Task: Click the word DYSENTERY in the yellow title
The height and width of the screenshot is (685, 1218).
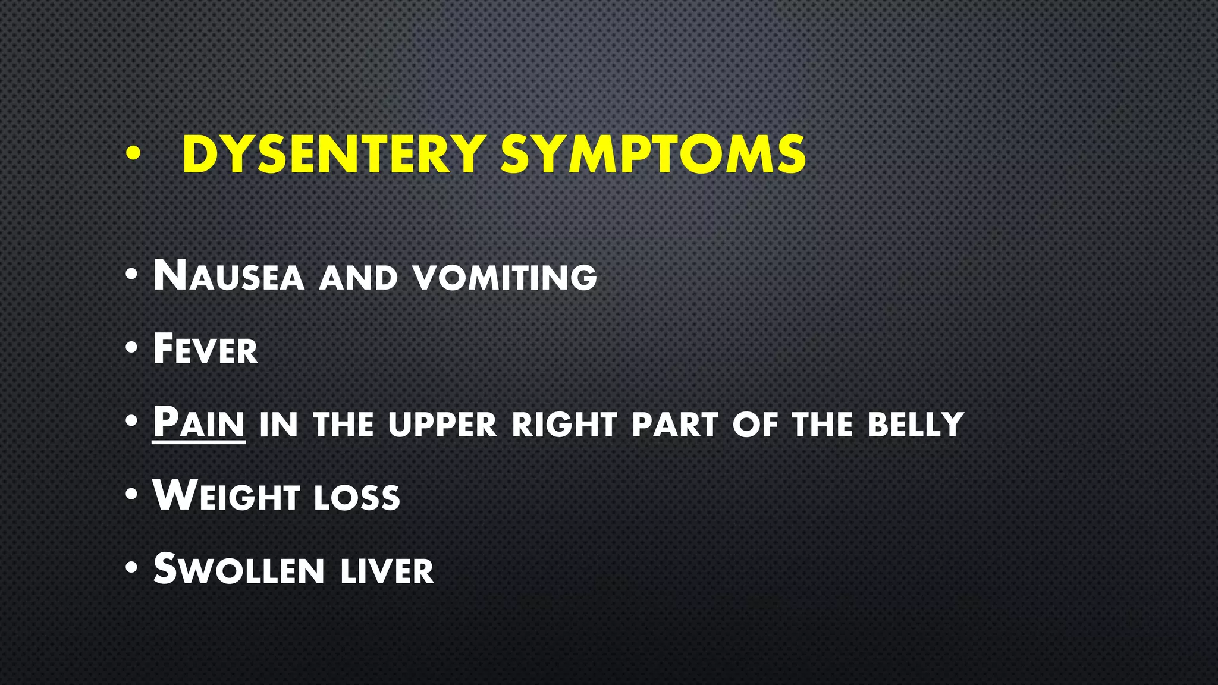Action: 334,155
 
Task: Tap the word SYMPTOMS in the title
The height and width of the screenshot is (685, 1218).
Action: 653,155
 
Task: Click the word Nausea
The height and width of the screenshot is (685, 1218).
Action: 228,276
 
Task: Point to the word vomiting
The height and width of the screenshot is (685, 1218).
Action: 505,278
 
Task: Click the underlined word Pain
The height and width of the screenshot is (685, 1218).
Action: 199,423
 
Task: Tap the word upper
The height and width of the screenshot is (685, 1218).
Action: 442,425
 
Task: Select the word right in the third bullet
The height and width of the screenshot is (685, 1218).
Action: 556,425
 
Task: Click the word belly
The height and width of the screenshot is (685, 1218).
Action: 915,425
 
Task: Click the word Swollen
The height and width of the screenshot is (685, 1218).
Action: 238,570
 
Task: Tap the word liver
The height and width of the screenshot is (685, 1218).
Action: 387,571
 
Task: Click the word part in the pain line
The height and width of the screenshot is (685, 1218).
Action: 674,425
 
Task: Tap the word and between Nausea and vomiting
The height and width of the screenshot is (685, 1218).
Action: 358,278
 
